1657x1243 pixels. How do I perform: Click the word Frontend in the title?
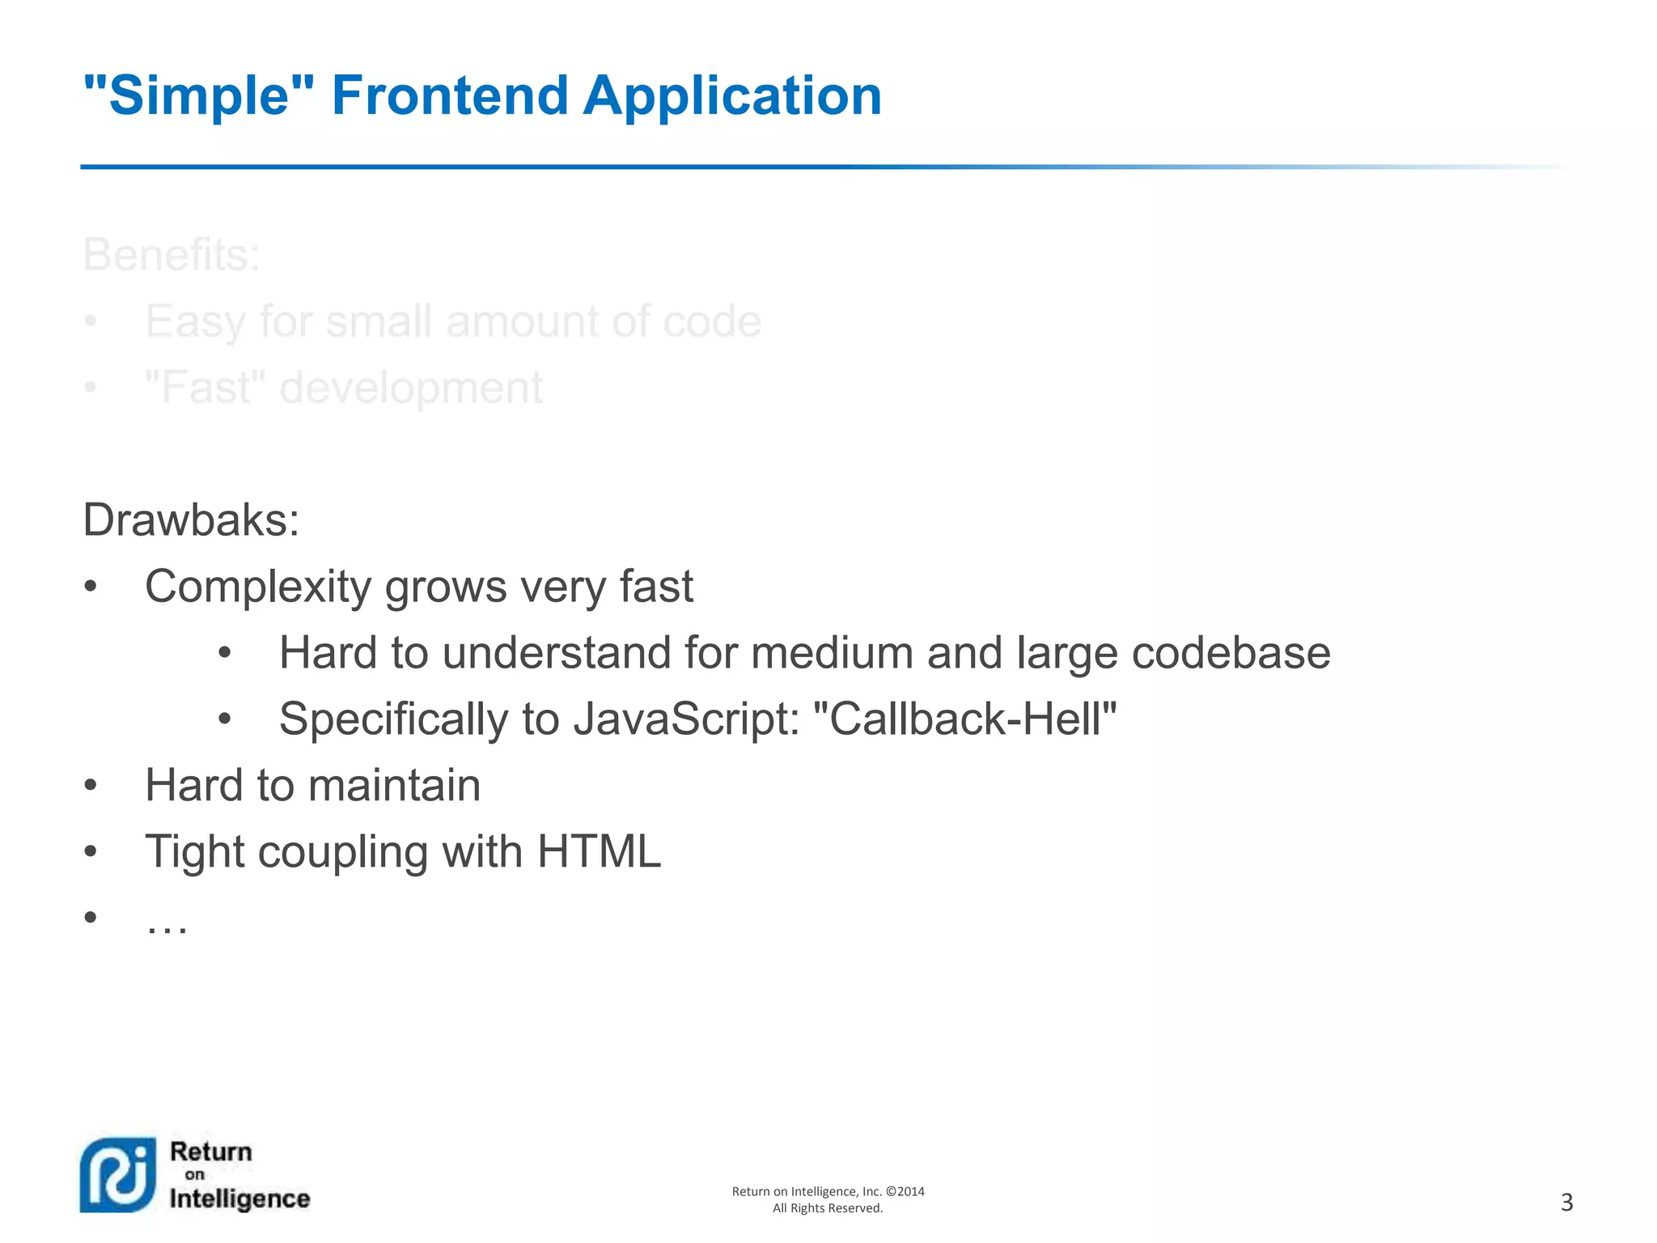click(450, 95)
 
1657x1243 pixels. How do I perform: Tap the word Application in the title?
click(732, 95)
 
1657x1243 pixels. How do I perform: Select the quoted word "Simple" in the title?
click(198, 95)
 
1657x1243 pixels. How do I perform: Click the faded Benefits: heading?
click(172, 255)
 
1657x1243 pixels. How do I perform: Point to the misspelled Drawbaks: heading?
click(191, 520)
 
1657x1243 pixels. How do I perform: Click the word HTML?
click(599, 852)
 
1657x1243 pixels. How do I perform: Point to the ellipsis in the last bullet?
click(167, 923)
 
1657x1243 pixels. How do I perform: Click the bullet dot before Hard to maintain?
click(91, 786)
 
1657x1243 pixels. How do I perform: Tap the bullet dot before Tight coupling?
click(91, 852)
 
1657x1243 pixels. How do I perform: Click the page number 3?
click(1566, 1203)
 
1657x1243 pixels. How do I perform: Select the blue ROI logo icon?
click(118, 1175)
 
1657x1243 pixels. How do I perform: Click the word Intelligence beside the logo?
click(239, 1198)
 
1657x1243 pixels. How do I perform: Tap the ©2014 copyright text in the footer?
click(905, 1191)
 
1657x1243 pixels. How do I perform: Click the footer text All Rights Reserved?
click(828, 1208)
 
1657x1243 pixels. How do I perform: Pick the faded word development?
click(411, 388)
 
